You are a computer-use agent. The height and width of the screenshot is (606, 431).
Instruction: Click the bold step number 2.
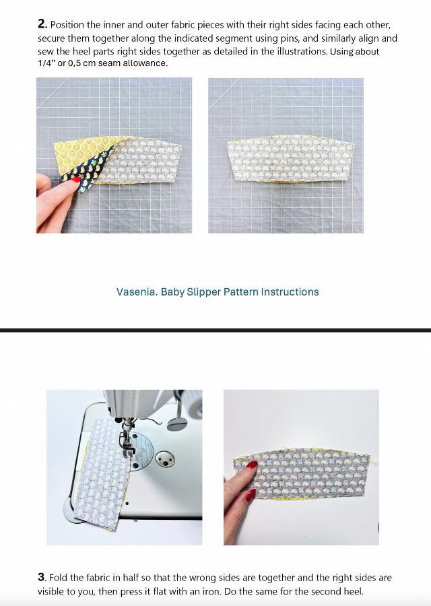(42, 24)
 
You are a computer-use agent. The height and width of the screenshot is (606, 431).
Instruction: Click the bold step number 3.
(42, 578)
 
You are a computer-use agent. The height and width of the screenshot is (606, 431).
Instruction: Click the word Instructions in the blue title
(290, 292)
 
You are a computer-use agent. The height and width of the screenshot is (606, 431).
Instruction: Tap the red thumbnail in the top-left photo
(75, 179)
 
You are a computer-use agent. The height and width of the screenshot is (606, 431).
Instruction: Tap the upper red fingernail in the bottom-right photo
(251, 464)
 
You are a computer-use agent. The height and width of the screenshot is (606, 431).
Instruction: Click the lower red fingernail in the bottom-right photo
(250, 495)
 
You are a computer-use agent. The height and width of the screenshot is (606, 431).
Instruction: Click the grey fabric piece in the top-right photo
(291, 158)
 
